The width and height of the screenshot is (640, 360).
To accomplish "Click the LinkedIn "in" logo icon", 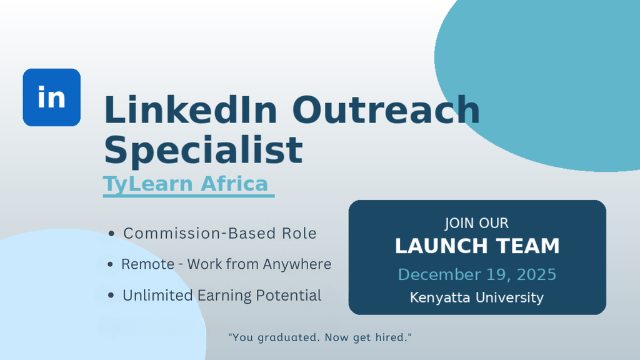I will tap(52, 97).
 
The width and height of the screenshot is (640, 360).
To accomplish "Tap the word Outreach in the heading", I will tap(386, 110).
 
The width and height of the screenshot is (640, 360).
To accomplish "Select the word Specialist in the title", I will tap(203, 150).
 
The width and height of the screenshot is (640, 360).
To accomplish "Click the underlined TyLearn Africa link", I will tap(186, 184).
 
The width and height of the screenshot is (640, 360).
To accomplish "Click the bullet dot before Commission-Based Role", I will tap(111, 234).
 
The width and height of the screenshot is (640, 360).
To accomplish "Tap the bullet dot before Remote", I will tap(111, 265).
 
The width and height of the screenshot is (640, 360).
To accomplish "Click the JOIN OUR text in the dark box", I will tap(476, 223).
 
